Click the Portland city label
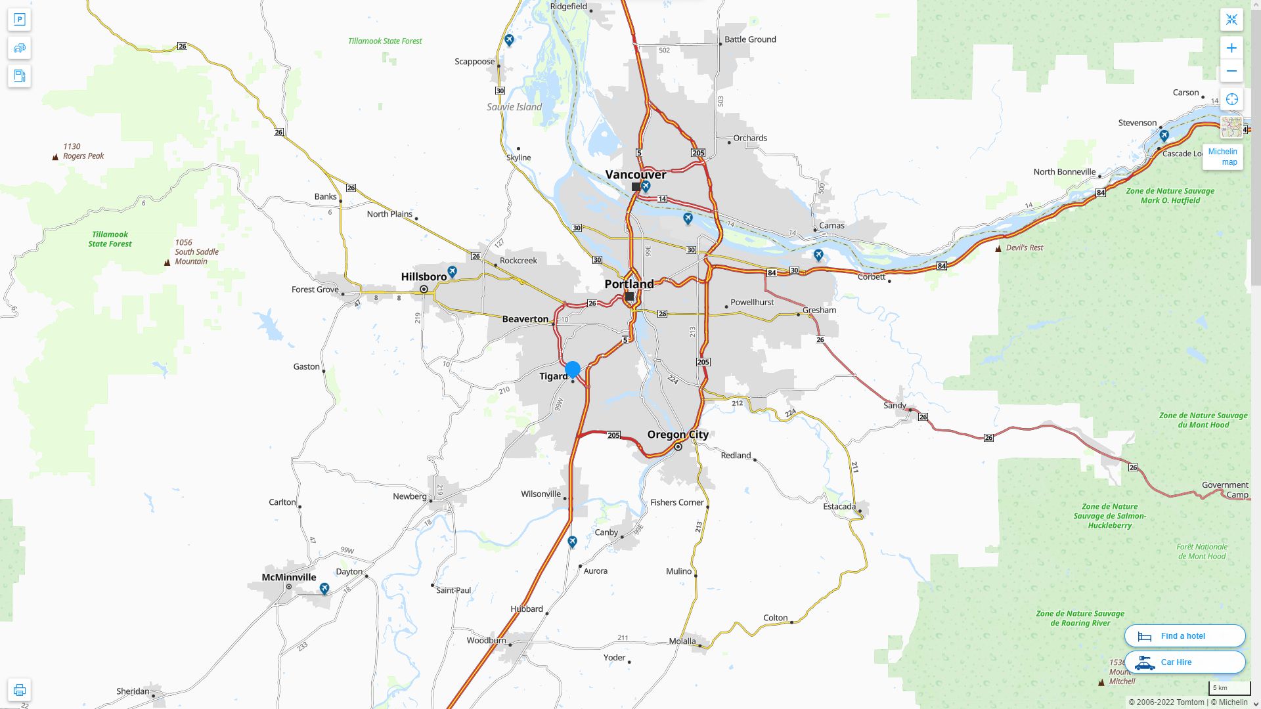(629, 284)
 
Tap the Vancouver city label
(635, 175)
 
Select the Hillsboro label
(424, 277)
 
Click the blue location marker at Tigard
(573, 369)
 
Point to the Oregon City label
(678, 435)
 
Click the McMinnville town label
(289, 578)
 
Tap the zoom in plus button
(1231, 48)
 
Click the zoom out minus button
(1231, 71)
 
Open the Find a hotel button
(1184, 636)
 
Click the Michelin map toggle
(1222, 157)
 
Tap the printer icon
(19, 690)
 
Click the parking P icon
(19, 20)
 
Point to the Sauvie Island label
(514, 107)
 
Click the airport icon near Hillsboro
(452, 271)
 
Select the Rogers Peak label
(83, 156)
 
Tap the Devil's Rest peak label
(1024, 248)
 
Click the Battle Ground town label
(750, 39)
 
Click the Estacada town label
(839, 507)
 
